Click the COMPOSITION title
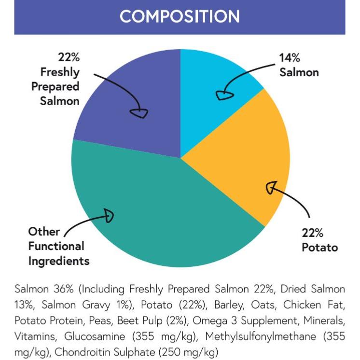pyautogui.click(x=180, y=16)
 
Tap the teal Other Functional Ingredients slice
pyautogui.click(x=159, y=217)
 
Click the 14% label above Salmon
pyautogui.click(x=290, y=58)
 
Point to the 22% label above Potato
pyautogui.click(x=313, y=233)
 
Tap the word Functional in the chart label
pyautogui.click(x=56, y=246)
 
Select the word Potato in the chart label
pyautogui.click(x=319, y=248)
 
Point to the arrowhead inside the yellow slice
pyautogui.click(x=272, y=187)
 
